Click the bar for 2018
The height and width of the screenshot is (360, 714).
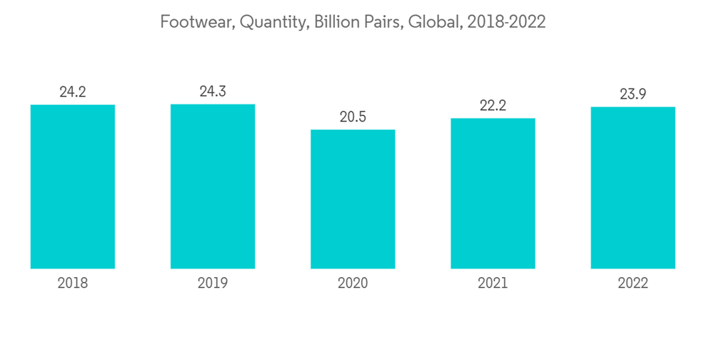pos(73,186)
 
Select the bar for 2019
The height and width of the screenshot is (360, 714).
pos(213,186)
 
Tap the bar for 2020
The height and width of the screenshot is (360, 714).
pos(353,199)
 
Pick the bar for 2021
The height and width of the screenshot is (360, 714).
pos(493,194)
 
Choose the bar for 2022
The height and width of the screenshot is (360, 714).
pos(633,188)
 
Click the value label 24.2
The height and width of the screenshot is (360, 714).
pos(73,92)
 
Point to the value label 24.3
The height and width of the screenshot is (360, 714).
pos(213,91)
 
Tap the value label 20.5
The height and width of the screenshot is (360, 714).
pos(353,117)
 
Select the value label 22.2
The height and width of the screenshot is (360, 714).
pos(493,106)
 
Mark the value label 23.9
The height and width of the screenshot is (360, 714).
pos(633,94)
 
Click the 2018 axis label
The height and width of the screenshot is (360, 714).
pos(73,284)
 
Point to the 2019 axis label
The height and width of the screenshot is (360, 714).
pos(213,284)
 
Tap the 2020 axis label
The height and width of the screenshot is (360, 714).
pos(353,284)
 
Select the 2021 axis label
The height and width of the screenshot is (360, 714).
pos(493,284)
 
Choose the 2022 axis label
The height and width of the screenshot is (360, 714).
pos(633,284)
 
